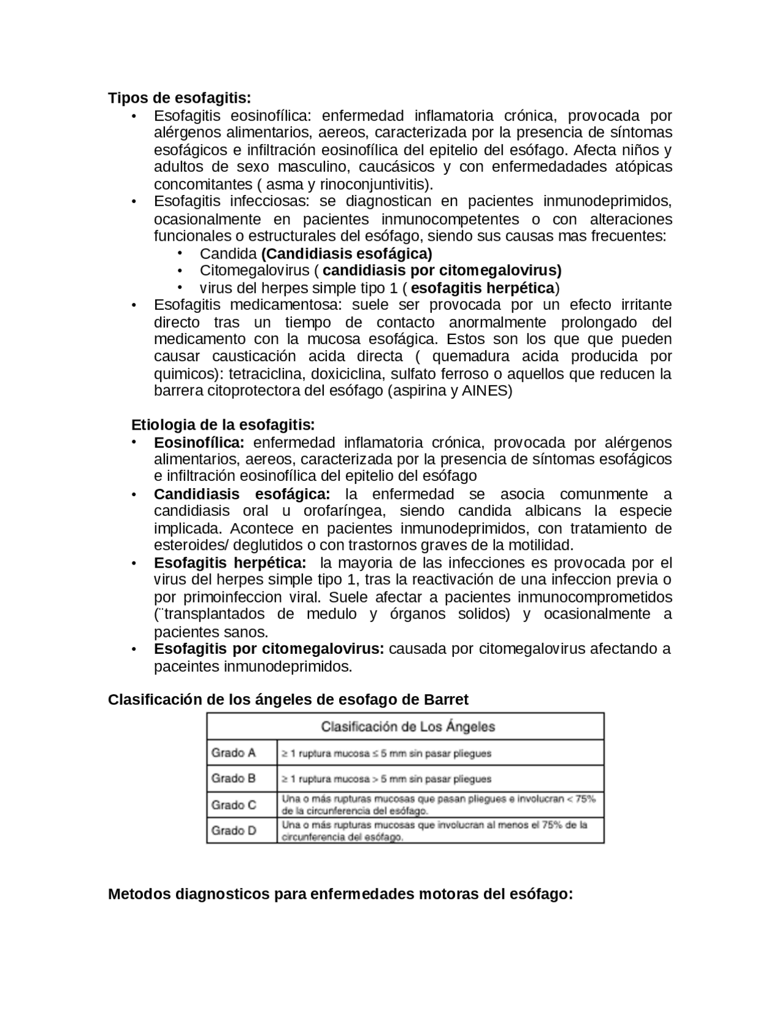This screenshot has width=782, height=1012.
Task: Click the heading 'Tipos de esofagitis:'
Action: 180,98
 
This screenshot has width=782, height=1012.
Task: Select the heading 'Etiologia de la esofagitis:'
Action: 223,425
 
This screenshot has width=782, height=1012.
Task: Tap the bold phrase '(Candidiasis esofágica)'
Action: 346,254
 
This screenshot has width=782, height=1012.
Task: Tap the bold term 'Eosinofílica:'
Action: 199,442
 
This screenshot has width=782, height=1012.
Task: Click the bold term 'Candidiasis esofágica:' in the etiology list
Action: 242,494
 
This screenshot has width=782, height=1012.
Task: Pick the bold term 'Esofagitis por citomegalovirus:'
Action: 269,649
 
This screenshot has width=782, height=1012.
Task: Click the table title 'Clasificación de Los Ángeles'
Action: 408,727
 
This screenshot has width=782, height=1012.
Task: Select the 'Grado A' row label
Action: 233,753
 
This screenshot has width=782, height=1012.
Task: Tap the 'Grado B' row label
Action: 233,779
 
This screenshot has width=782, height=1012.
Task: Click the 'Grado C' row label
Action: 233,805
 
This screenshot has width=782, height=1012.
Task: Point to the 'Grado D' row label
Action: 233,831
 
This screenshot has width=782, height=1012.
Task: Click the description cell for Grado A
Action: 386,754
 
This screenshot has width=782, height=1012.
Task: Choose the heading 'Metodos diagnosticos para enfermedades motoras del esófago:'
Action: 340,895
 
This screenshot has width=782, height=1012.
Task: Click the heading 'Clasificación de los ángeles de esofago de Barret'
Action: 288,700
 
